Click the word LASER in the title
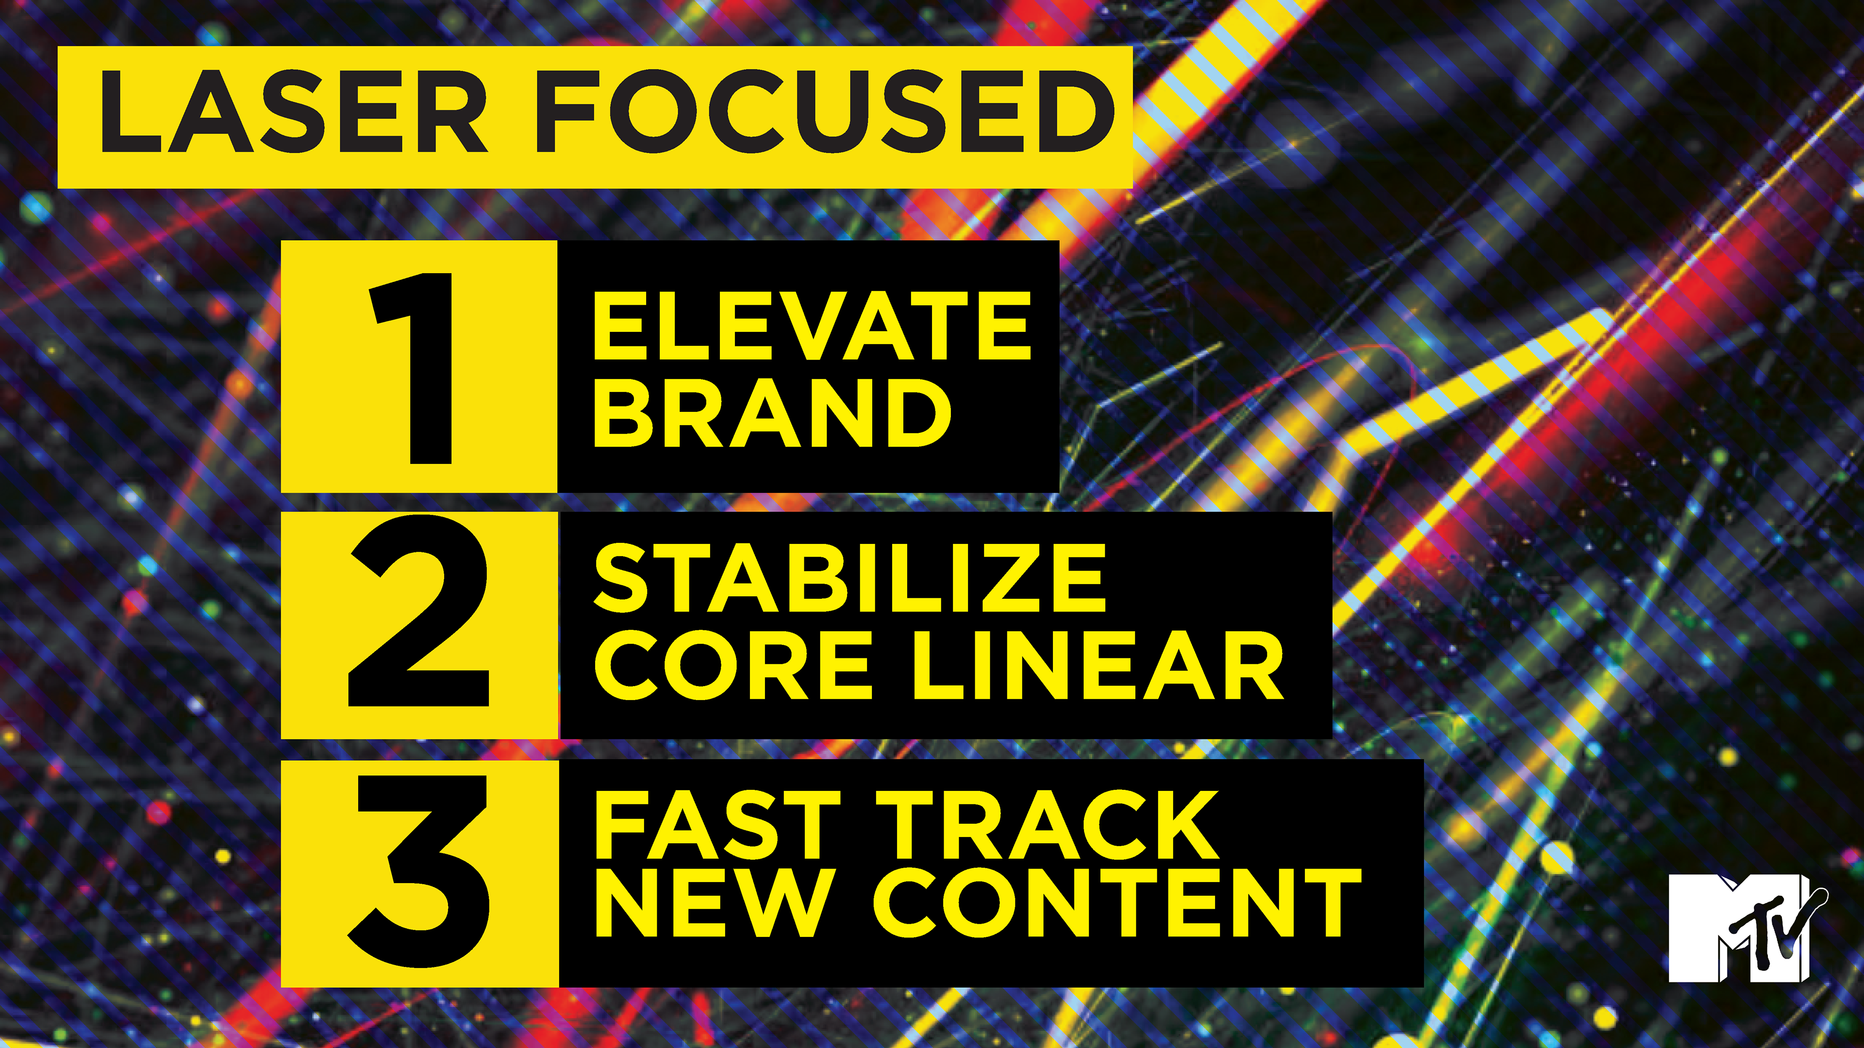(x=293, y=112)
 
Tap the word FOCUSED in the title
(x=825, y=112)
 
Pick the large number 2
(x=419, y=611)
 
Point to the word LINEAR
(x=1098, y=665)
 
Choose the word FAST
(x=717, y=824)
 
